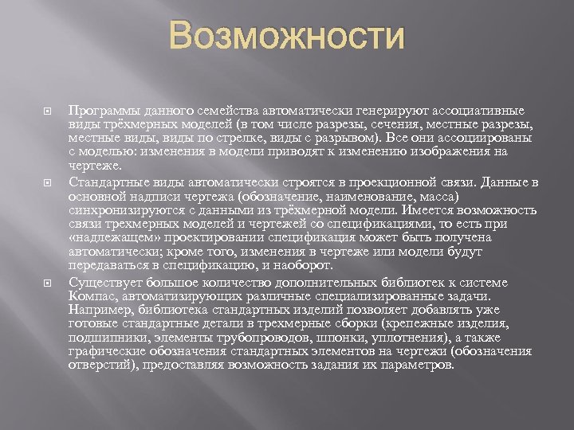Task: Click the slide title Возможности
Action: [286, 37]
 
